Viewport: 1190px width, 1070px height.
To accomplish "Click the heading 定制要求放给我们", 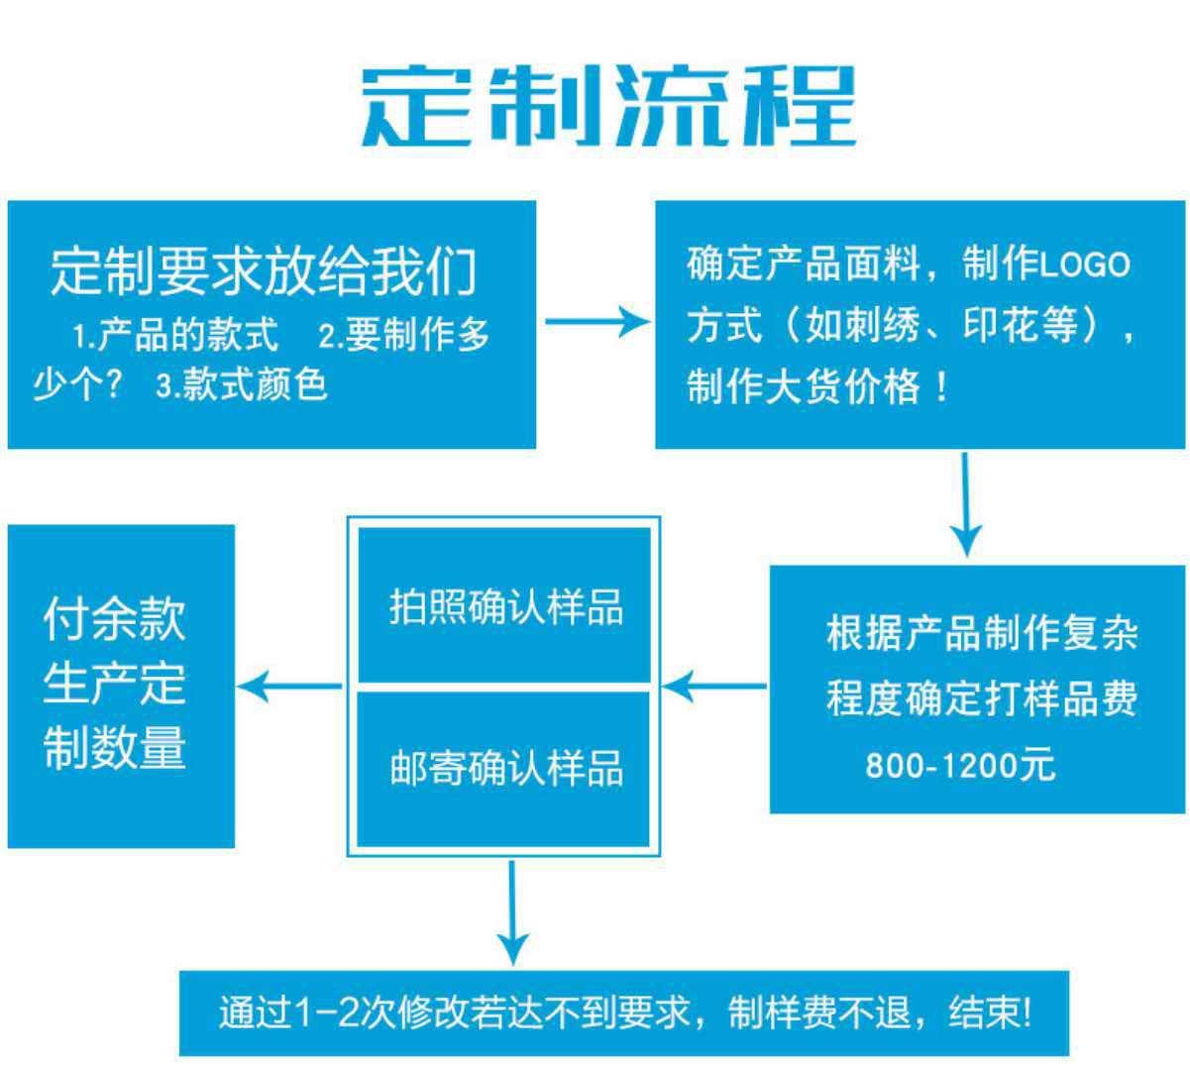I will click(x=264, y=271).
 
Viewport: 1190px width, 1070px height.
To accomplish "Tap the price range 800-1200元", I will click(x=960, y=765).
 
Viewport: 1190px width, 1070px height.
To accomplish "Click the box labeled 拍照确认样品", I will click(x=504, y=605).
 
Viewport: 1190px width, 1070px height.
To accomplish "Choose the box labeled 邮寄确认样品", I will click(x=504, y=768).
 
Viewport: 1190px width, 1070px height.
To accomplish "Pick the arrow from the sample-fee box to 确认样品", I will click(x=713, y=685).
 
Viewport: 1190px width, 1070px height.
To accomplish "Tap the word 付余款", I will click(x=115, y=618).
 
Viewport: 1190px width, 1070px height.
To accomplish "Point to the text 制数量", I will click(x=115, y=747).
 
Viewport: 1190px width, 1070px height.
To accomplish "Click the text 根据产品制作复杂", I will click(x=982, y=634).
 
